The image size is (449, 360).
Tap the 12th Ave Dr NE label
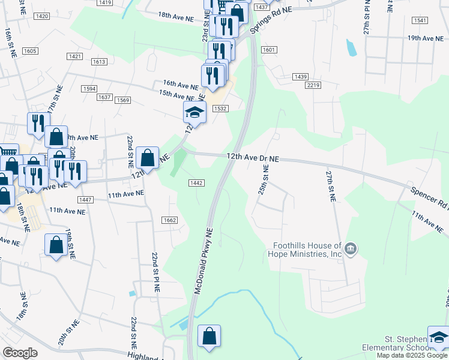click(253, 157)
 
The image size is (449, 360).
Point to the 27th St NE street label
click(330, 185)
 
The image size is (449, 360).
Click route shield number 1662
click(169, 221)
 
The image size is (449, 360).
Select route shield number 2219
click(313, 86)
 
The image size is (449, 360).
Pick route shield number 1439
click(301, 77)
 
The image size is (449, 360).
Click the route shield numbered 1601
click(268, 50)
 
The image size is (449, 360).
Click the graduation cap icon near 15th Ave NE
click(195, 112)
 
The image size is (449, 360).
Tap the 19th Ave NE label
click(429, 38)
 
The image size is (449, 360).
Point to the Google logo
click(20, 352)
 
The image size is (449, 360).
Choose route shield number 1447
click(85, 200)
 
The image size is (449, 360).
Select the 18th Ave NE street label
click(176, 16)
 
